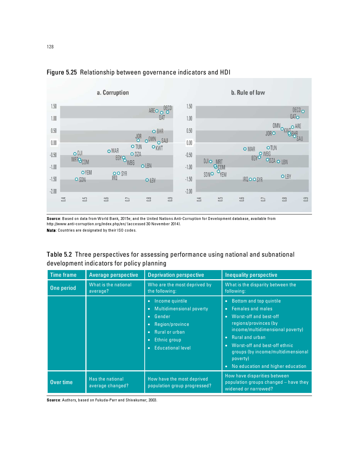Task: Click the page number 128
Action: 50,47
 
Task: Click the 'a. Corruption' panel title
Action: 113,92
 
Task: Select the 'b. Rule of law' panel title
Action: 248,92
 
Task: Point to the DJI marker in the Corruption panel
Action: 75,154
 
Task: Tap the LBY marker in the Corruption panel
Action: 147,180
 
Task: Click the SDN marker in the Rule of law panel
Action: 212,174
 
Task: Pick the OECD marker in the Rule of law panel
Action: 303,112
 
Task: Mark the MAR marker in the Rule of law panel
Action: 245,149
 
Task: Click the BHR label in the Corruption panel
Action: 160,131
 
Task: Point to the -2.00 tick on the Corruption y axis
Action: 53,191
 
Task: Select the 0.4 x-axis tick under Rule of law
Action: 199,199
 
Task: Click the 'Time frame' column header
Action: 63,275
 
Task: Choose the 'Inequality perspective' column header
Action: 251,275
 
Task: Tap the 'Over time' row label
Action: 61,382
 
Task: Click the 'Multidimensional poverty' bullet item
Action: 181,309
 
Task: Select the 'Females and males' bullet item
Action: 252,309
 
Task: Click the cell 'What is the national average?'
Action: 110,288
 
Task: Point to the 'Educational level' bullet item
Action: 172,348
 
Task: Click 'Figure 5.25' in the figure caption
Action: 62,72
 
